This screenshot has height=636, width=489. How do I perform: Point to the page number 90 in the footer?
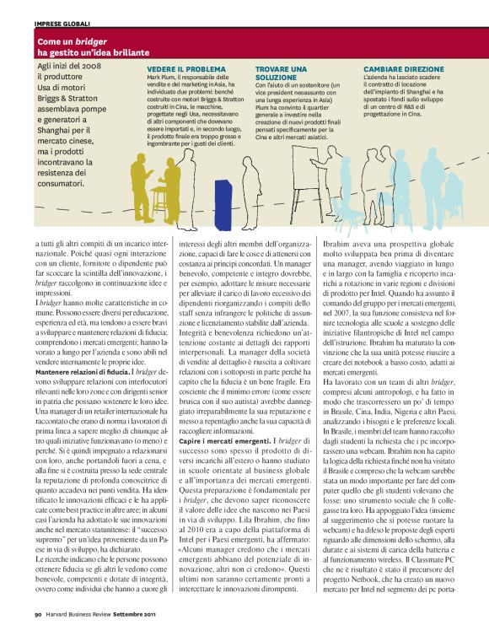point(38,625)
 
